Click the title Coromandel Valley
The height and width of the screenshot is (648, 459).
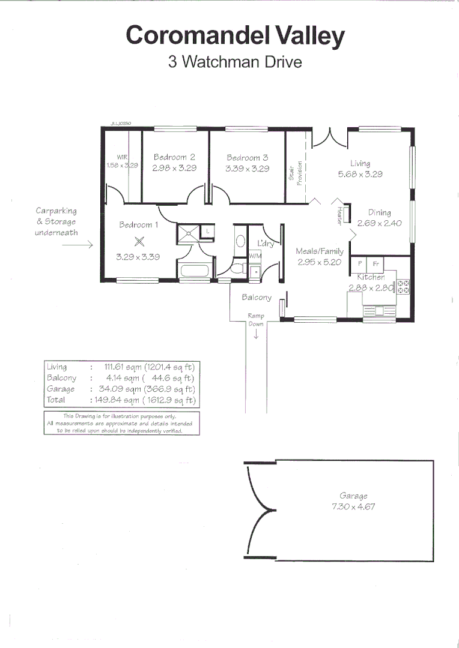click(236, 35)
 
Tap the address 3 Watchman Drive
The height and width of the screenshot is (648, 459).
click(235, 62)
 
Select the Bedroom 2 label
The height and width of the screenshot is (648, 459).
click(174, 157)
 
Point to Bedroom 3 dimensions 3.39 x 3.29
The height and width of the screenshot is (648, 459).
click(247, 169)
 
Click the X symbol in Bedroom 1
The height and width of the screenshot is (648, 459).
click(139, 242)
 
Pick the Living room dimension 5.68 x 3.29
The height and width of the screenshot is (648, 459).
click(360, 175)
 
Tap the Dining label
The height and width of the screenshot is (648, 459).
click(379, 212)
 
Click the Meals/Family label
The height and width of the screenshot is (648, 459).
click(319, 251)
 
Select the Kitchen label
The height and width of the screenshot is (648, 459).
click(371, 277)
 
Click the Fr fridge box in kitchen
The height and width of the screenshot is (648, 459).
click(375, 263)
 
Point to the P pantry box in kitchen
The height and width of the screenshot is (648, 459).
click(359, 263)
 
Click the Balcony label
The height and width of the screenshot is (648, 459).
click(257, 297)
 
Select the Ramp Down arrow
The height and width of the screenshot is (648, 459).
click(256, 335)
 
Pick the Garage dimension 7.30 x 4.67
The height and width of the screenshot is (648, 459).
click(353, 506)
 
